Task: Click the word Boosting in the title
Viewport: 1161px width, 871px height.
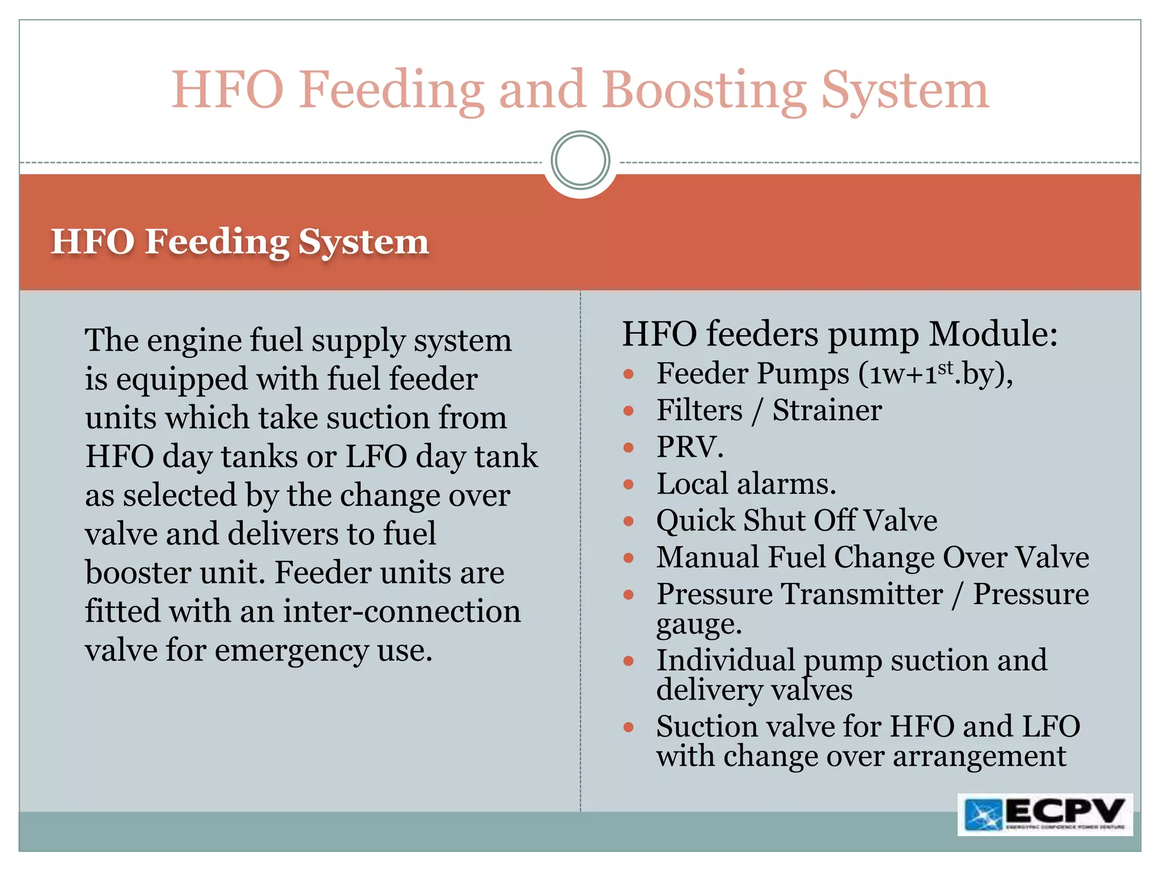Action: click(704, 91)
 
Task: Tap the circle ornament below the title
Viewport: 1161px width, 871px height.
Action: click(580, 160)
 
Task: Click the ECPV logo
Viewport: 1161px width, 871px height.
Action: click(1045, 814)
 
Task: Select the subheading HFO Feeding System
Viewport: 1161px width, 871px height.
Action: click(240, 242)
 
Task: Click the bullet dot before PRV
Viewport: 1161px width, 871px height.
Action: click(628, 447)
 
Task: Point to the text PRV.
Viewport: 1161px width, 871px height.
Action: click(689, 447)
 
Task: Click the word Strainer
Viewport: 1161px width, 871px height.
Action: click(827, 410)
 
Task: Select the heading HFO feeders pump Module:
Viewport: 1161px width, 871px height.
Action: click(840, 334)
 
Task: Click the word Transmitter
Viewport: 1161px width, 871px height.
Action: click(862, 594)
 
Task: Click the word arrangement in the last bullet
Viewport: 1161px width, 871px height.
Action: click(979, 757)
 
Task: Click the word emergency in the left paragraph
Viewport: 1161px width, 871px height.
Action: click(291, 650)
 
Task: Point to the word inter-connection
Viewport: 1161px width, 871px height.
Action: click(401, 612)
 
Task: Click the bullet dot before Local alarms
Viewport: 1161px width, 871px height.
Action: click(628, 484)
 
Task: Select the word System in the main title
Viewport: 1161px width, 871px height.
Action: click(904, 91)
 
